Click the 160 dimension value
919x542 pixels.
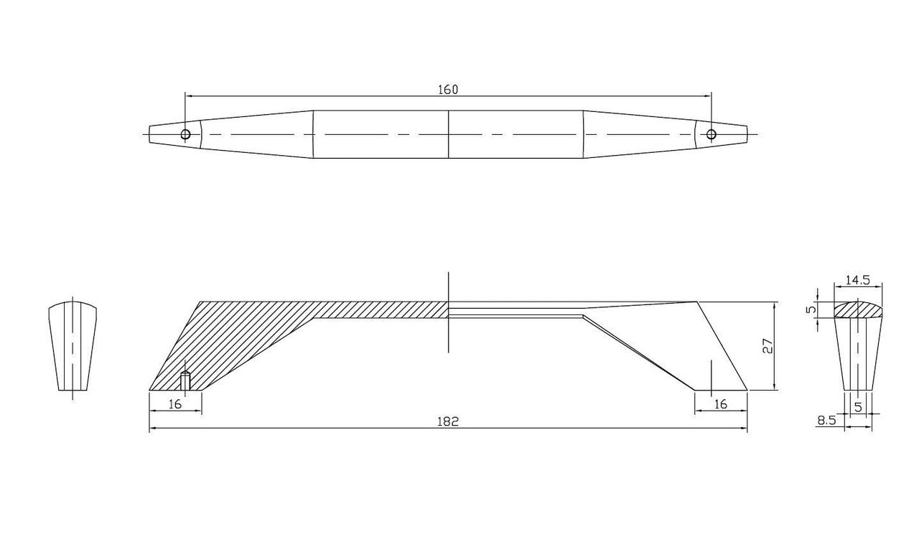[x=447, y=90]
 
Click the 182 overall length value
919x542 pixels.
[x=447, y=421]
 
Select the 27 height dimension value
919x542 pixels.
[x=768, y=346]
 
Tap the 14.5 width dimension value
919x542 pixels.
[x=857, y=280]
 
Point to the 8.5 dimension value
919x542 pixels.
[x=826, y=420]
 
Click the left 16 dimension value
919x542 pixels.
[x=175, y=404]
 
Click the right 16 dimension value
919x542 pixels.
[x=720, y=404]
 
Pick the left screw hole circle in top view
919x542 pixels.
[x=185, y=134]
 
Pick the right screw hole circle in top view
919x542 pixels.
[x=711, y=134]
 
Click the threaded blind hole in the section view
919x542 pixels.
[x=185, y=380]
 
